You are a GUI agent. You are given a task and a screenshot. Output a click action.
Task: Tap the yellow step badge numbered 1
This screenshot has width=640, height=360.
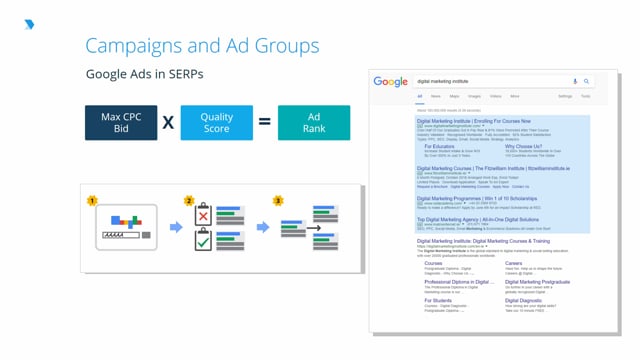[92, 201]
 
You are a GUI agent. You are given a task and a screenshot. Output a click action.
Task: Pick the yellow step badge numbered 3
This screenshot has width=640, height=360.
[278, 201]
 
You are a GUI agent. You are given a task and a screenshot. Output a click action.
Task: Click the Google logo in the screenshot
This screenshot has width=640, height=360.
[391, 81]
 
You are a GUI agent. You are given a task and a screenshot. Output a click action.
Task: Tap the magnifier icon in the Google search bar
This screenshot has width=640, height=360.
[587, 81]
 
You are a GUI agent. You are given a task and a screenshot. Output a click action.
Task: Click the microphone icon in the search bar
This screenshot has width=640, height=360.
[575, 81]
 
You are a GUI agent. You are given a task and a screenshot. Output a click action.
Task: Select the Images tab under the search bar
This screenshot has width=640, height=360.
[474, 96]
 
